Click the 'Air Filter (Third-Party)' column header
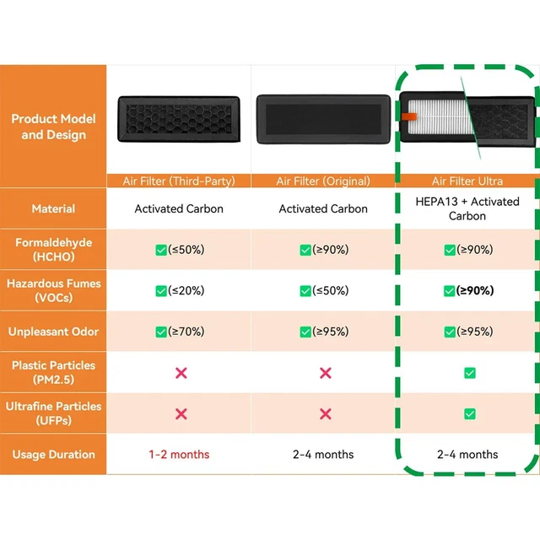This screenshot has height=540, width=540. tap(179, 181)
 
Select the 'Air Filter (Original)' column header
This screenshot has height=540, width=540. tap(323, 181)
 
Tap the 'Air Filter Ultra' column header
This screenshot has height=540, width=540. tap(467, 181)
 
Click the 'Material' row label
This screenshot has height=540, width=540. tap(53, 208)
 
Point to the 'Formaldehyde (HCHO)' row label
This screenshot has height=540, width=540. tap(53, 249)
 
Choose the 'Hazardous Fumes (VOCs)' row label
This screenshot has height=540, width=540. tap(53, 290)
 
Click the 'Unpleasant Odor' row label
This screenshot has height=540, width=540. tap(53, 332)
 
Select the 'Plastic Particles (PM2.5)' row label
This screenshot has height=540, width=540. tap(53, 372)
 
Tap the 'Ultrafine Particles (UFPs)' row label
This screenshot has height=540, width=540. tap(53, 413)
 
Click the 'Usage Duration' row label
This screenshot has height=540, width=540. tap(53, 454)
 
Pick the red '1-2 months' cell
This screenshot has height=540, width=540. tap(179, 454)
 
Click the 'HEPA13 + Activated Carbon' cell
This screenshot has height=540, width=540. tap(467, 208)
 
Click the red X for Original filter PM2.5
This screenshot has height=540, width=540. tap(325, 373)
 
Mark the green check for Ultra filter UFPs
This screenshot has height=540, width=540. tap(469, 413)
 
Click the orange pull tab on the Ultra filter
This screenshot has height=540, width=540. tap(408, 116)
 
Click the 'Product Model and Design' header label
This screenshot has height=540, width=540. tap(53, 127)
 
